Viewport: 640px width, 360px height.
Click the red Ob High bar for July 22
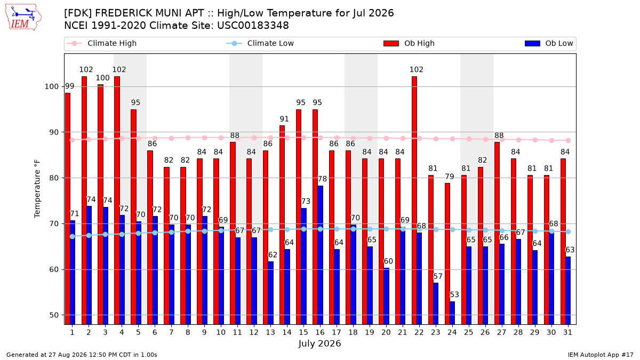point(414,201)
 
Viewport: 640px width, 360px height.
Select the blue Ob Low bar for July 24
point(452,313)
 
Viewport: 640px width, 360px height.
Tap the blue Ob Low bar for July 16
point(321,255)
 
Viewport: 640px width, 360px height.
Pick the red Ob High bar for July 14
point(282,225)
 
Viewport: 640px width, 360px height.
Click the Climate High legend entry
point(102,43)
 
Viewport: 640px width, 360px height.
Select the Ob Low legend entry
point(549,43)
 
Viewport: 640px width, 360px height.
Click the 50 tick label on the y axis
point(54,315)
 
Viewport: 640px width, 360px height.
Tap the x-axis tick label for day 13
point(270,332)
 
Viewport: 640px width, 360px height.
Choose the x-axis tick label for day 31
point(567,332)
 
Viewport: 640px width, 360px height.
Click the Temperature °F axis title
point(37,189)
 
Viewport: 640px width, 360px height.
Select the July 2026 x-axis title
point(319,343)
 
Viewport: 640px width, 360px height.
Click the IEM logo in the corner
point(23,18)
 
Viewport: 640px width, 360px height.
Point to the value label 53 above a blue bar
point(454,294)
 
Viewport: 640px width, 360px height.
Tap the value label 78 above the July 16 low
point(322,179)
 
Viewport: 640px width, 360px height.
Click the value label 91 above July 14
point(284,119)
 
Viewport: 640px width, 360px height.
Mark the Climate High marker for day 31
point(569,141)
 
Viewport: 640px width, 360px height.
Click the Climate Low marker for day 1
point(73,237)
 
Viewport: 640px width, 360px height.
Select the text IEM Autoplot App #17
point(601,355)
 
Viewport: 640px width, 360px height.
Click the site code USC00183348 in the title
point(253,26)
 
